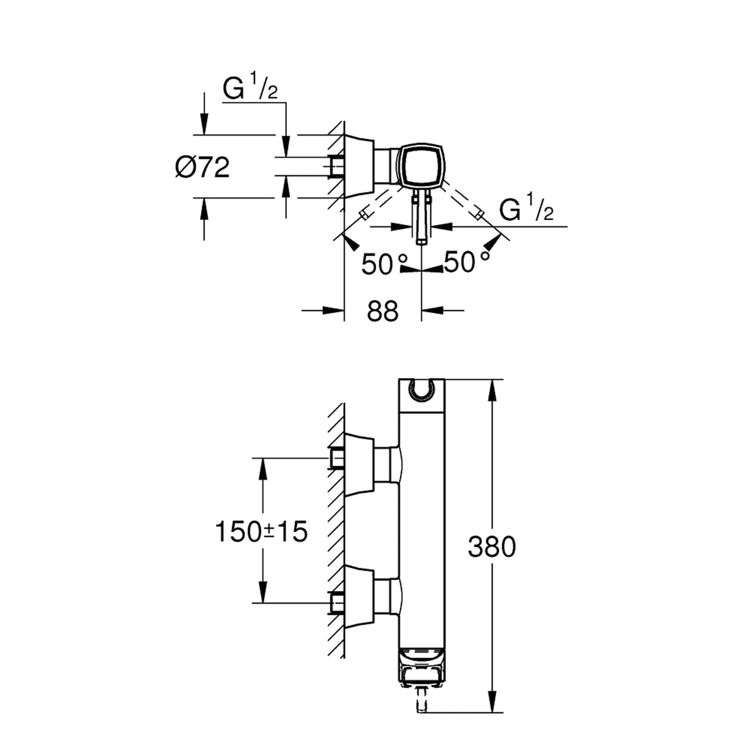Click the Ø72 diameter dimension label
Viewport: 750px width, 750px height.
[x=202, y=168]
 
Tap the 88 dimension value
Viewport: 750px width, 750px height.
[x=382, y=311]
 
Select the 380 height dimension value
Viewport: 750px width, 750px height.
[x=492, y=546]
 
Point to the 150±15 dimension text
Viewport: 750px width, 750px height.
[x=261, y=532]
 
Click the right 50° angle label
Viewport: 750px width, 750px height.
[x=466, y=261]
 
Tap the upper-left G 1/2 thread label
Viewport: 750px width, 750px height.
[x=250, y=87]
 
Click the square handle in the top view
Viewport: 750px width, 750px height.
[x=421, y=164]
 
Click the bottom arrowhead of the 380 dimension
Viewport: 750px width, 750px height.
[x=492, y=680]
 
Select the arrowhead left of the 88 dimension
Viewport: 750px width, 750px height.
[x=333, y=310]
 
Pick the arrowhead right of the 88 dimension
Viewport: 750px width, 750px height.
[x=432, y=310]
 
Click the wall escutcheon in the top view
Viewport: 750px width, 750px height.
[x=359, y=167]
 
